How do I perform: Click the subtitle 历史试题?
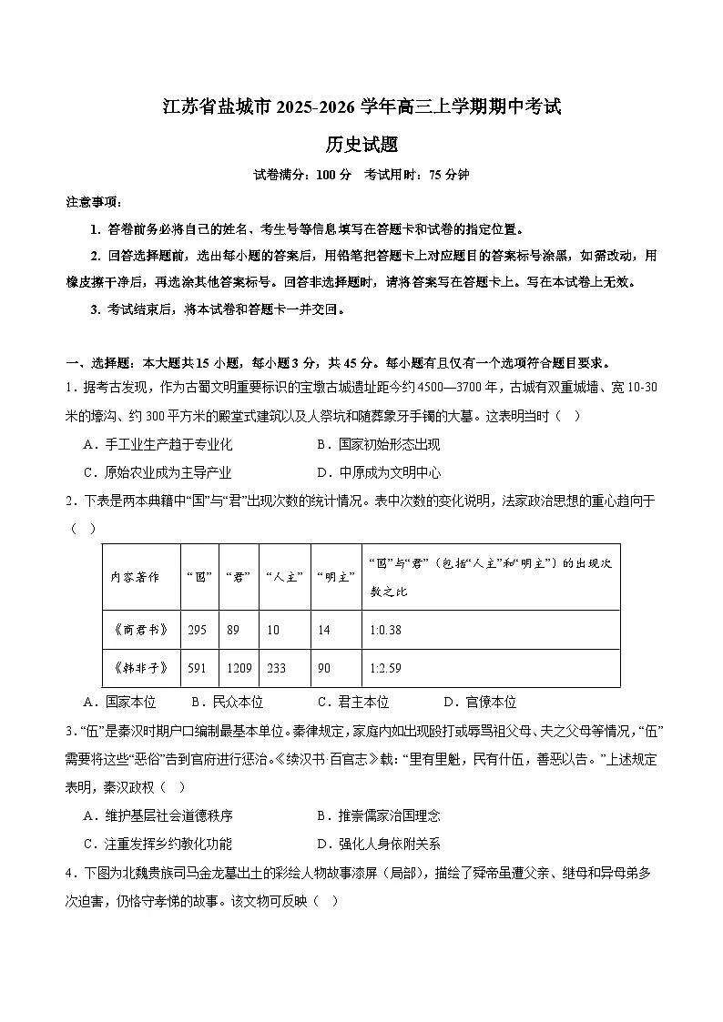[361, 144]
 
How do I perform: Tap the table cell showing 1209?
[239, 668]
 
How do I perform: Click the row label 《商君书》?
[139, 630]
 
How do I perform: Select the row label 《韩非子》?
[139, 668]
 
